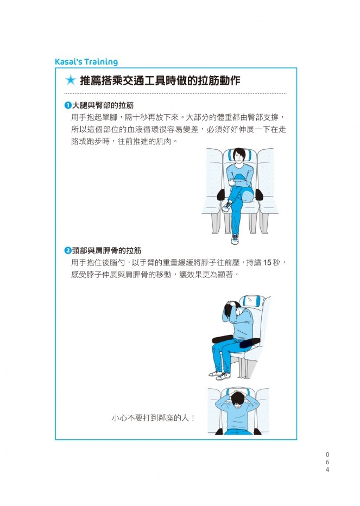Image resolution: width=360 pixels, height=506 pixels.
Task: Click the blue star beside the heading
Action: pos(71,80)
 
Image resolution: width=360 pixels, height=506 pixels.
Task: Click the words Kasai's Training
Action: pos(86,62)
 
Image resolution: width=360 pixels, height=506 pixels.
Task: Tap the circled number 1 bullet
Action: pos(68,105)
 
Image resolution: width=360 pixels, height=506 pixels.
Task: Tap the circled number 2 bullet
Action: pos(68,250)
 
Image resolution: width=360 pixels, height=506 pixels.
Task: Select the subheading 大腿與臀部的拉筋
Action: pos(103,105)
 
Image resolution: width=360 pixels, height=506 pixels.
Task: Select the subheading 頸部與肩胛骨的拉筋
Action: pos(106,250)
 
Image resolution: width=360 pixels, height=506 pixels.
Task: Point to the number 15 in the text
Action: pos(267,263)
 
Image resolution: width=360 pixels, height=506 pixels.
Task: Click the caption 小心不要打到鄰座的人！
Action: pos(153,418)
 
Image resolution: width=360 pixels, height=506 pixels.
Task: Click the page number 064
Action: pos(327,462)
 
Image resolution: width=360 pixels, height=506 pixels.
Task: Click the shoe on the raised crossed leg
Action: pos(228,206)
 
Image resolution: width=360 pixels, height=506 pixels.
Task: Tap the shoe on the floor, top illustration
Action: pos(235,239)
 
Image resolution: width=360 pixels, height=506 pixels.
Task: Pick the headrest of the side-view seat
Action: pos(252,301)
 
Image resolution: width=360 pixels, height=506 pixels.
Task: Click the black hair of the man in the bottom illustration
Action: pos(238,398)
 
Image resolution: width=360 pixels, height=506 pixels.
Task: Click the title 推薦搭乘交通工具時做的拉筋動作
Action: pos(160,80)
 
